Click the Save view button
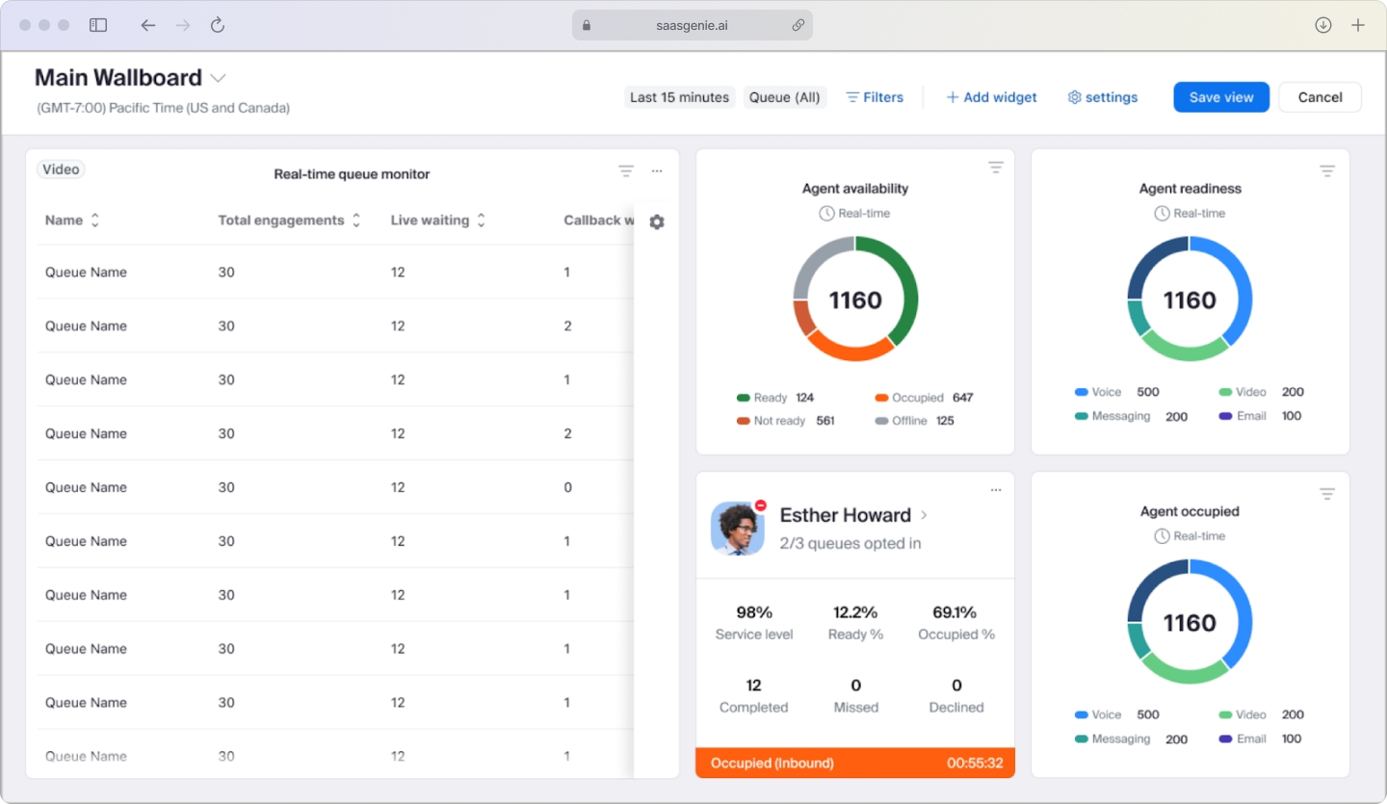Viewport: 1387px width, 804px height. [x=1220, y=97]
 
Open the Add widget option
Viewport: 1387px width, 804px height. [x=991, y=97]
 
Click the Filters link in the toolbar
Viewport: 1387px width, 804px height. [x=875, y=97]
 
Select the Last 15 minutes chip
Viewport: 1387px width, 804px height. [x=679, y=97]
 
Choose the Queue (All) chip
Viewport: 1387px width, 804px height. [x=784, y=97]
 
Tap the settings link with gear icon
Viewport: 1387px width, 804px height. [x=1103, y=97]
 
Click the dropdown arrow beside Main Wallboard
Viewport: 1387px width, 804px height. [x=219, y=78]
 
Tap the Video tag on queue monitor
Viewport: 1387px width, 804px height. [x=61, y=169]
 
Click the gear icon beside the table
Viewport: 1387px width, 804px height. [x=657, y=222]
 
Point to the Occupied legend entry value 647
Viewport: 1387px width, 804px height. [x=962, y=398]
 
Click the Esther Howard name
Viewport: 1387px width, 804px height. [x=845, y=515]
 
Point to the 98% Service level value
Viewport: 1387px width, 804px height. [x=754, y=612]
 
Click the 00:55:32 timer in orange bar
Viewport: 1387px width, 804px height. [x=974, y=764]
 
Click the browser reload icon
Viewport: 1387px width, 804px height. [x=218, y=25]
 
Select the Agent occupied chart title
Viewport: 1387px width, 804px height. [x=1190, y=511]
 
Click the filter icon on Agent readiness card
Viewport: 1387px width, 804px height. [x=1326, y=171]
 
